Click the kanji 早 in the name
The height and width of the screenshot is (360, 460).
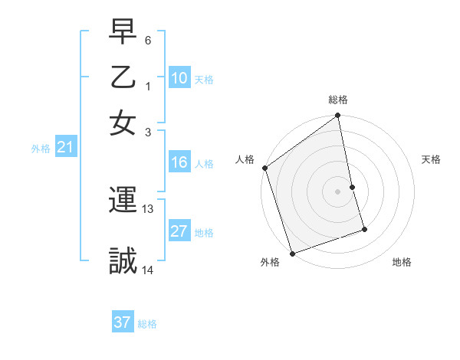click(123, 33)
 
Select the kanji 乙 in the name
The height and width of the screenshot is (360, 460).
click(123, 77)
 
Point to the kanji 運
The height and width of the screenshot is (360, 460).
click(123, 201)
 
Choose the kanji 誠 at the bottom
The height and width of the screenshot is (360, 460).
click(123, 260)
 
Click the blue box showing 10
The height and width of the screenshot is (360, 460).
click(179, 78)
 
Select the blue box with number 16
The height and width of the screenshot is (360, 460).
click(179, 162)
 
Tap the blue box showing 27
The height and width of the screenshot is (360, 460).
click(179, 231)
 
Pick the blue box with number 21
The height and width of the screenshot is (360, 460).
click(64, 148)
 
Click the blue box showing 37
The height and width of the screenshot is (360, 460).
click(122, 322)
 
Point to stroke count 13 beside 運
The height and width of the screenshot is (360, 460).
click(148, 208)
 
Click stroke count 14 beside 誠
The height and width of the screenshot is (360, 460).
click(148, 269)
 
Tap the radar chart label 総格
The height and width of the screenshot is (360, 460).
click(338, 100)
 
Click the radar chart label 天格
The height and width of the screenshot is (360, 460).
click(431, 159)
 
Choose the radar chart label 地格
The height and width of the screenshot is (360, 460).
click(402, 263)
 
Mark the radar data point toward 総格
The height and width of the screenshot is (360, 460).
click(338, 116)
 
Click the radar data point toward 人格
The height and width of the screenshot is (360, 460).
click(264, 168)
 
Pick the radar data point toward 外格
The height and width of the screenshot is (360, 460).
click(292, 253)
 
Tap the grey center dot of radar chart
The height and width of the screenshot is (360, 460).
click(338, 191)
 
